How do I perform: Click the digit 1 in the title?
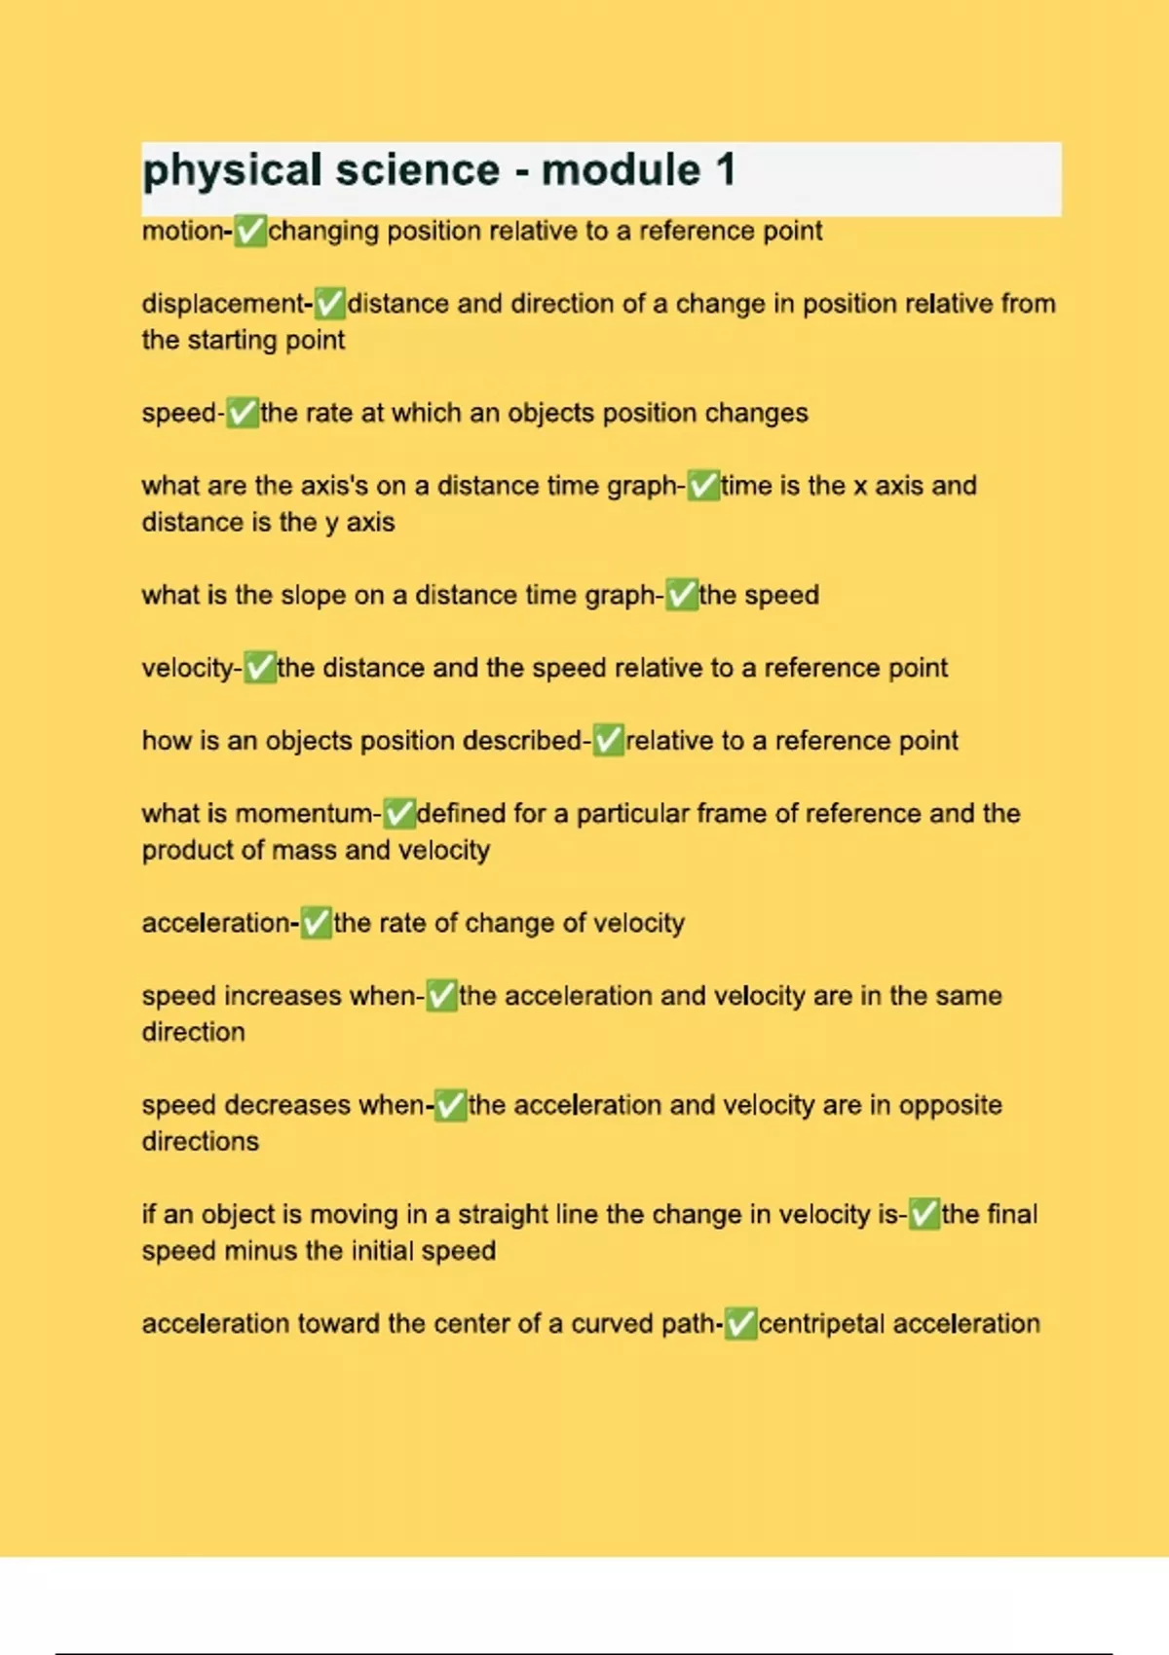[725, 170]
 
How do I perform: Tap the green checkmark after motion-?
[250, 232]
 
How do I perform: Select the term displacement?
[223, 304]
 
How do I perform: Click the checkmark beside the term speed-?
[243, 414]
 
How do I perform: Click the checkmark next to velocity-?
[259, 668]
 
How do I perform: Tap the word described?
[522, 741]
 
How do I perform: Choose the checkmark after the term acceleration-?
[316, 923]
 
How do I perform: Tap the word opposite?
[950, 1105]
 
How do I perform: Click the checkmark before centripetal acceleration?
[740, 1324]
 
